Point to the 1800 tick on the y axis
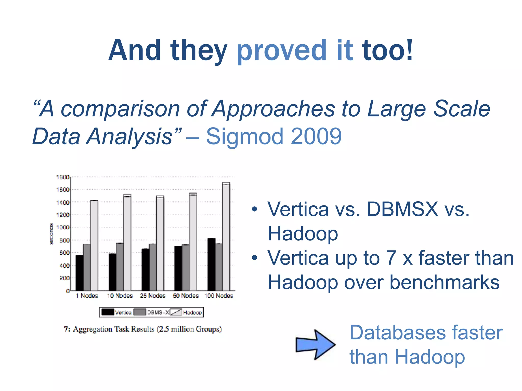pos(62,177)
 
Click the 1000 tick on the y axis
pos(62,227)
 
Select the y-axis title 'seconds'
pos(51,234)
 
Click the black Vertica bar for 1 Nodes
pos(80,272)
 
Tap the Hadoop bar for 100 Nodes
pos(226,237)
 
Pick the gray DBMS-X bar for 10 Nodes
pos(120,267)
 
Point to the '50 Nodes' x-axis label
pos(186,296)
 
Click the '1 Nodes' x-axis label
pos(87,296)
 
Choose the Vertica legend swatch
pos(108,312)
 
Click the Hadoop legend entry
pos(192,312)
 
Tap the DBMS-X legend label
pos(158,312)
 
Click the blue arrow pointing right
pos(315,345)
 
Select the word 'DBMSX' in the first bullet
pos(402,210)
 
